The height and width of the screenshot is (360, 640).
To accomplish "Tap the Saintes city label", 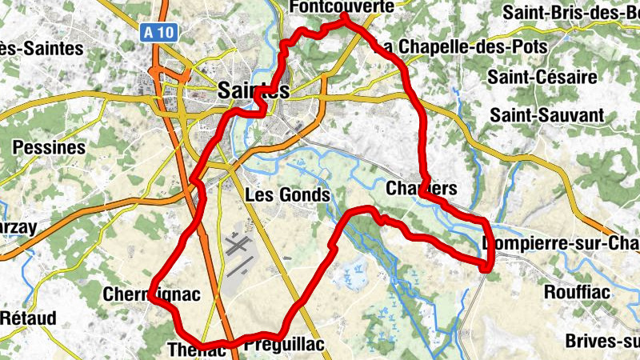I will pyautogui.click(x=253, y=92).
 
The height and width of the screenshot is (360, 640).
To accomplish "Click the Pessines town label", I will pyautogui.click(x=49, y=148).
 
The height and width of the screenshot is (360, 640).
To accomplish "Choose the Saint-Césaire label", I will pyautogui.click(x=542, y=78).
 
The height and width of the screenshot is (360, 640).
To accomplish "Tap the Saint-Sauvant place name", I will pyautogui.click(x=547, y=115).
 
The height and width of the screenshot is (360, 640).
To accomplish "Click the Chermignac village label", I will pyautogui.click(x=151, y=295).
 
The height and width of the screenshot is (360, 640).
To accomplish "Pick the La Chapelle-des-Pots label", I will pyautogui.click(x=461, y=46).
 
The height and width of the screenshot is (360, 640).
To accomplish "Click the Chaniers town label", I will pyautogui.click(x=421, y=190).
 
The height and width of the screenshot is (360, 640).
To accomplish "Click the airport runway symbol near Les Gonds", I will pyautogui.click(x=237, y=245).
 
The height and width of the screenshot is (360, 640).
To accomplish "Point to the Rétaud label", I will pyautogui.click(x=29, y=318).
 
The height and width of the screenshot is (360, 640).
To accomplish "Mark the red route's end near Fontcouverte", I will pyautogui.click(x=345, y=17).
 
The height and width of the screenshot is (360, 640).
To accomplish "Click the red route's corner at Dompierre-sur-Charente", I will pyautogui.click(x=487, y=267).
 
